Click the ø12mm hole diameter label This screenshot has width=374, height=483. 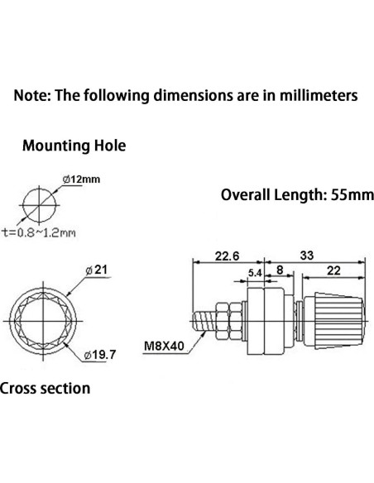[81, 179]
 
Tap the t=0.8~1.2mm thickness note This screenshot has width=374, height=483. [39, 232]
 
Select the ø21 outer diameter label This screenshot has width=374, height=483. [97, 270]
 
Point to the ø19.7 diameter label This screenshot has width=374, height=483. [100, 355]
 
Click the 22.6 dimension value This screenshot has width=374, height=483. [227, 256]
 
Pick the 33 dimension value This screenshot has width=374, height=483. [307, 255]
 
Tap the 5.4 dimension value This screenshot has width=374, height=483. [255, 273]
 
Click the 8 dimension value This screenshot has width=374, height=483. [280, 270]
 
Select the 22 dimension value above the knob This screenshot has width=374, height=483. [333, 270]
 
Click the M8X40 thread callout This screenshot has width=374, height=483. [164, 347]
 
